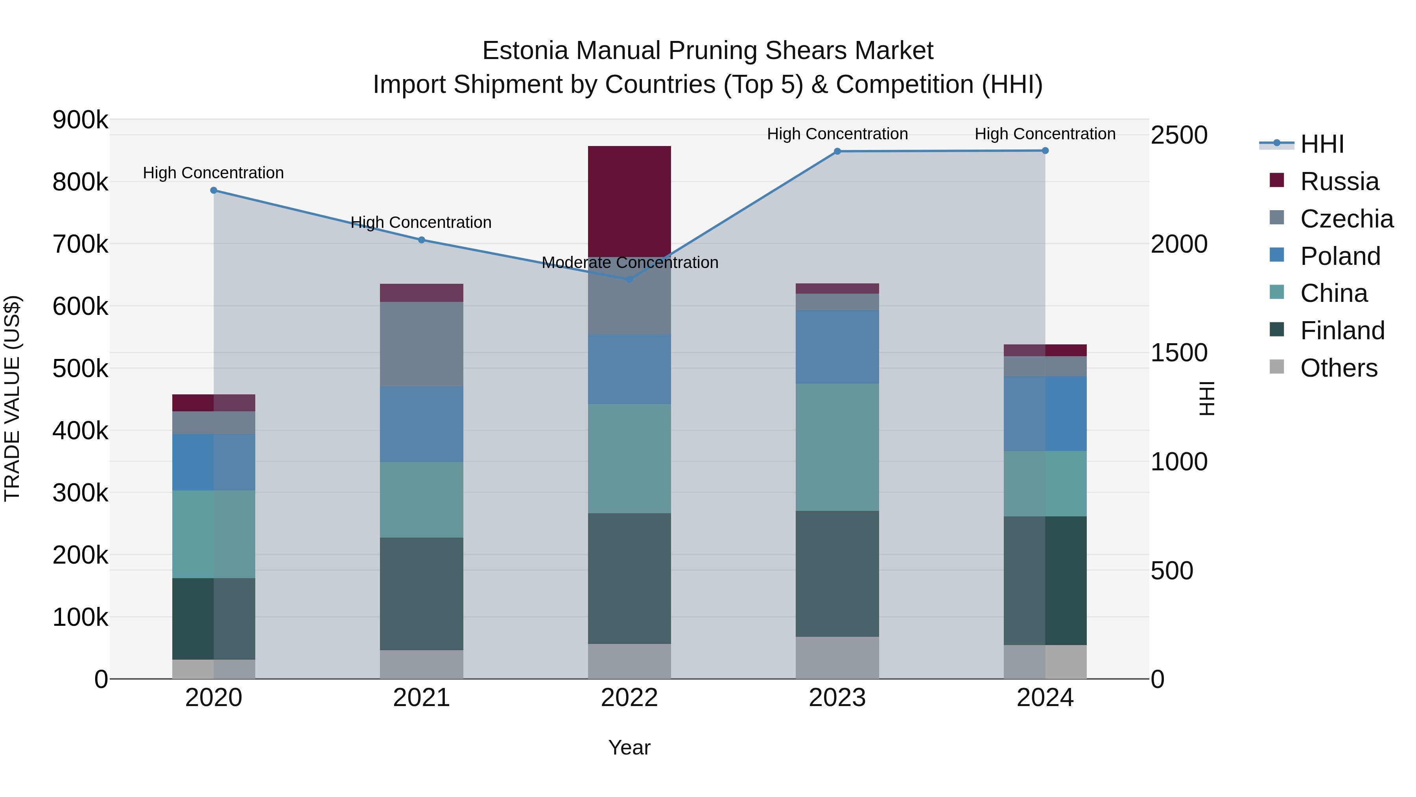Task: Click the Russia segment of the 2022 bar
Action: pyautogui.click(x=629, y=201)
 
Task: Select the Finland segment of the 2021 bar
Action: pyautogui.click(x=422, y=594)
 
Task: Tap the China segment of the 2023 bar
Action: pyautogui.click(x=837, y=447)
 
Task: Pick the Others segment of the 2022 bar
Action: pyautogui.click(x=629, y=661)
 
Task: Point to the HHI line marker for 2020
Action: pyautogui.click(x=214, y=190)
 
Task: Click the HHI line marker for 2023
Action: pyautogui.click(x=837, y=151)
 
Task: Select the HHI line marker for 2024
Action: pyautogui.click(x=1045, y=151)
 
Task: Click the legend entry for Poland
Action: pyautogui.click(x=1340, y=256)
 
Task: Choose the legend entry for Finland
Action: pyautogui.click(x=1342, y=331)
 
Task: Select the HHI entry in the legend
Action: pyautogui.click(x=1322, y=144)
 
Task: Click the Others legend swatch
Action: pyautogui.click(x=1276, y=367)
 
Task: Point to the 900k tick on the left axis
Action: pyautogui.click(x=80, y=120)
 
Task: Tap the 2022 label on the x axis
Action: pyautogui.click(x=629, y=698)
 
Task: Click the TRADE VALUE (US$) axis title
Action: pyautogui.click(x=12, y=398)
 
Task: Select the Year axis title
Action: pyautogui.click(x=629, y=747)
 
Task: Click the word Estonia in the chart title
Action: pyautogui.click(x=525, y=51)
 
